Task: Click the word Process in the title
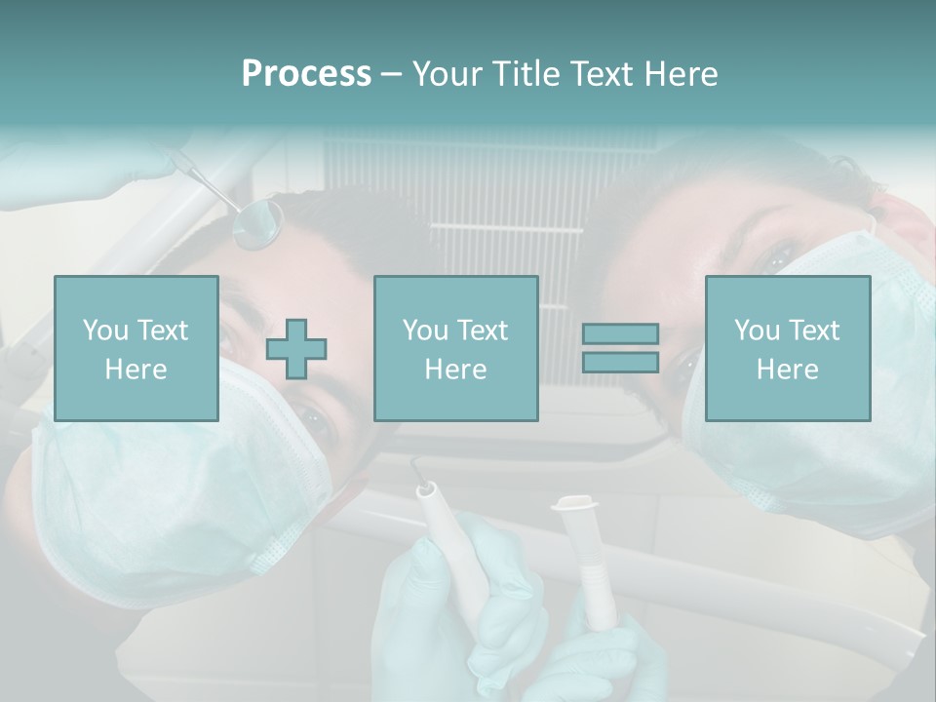pos(306,74)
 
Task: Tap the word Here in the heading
pos(681,74)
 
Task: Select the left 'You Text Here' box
pos(136,348)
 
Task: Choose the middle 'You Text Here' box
pos(455,348)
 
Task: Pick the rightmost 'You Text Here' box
pos(788,348)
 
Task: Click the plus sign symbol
pos(296,349)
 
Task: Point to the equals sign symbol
pos(620,348)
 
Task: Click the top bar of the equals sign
pos(620,333)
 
